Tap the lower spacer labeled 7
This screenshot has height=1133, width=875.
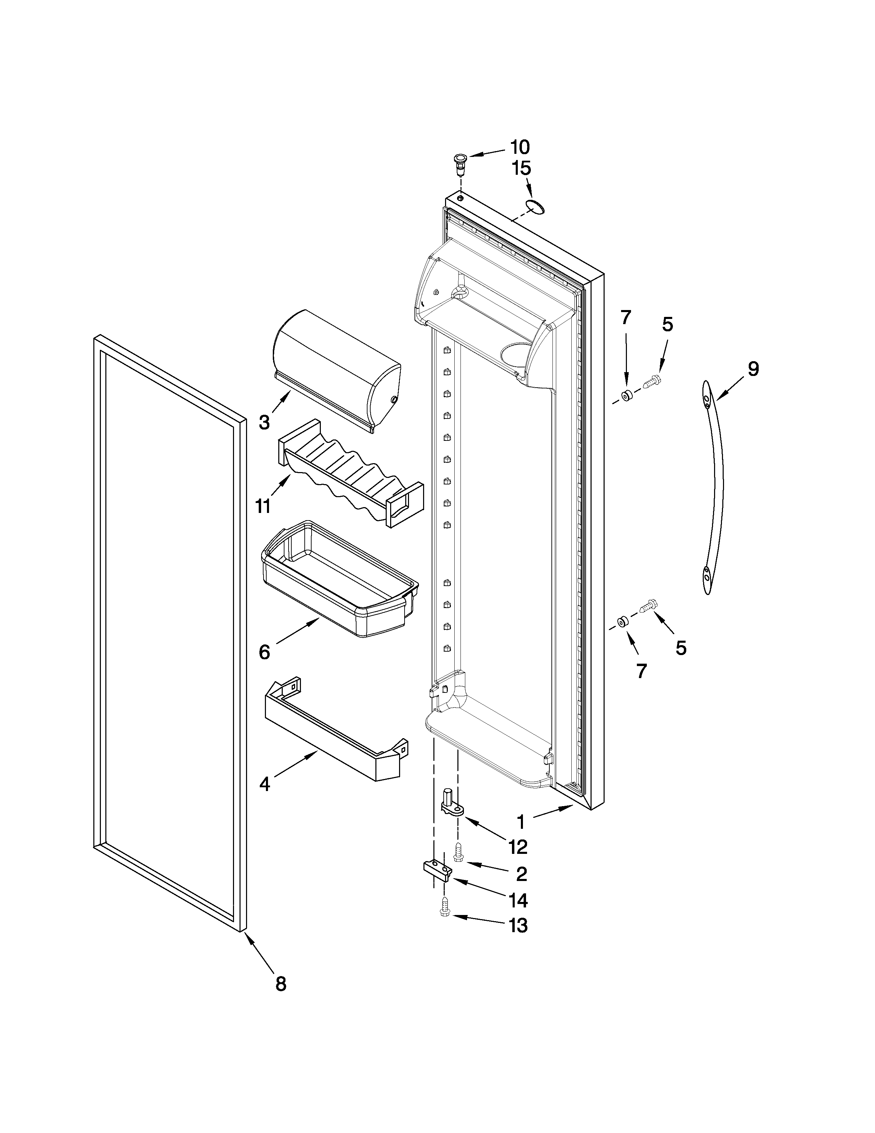click(621, 621)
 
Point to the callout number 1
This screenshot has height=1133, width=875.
click(521, 822)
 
